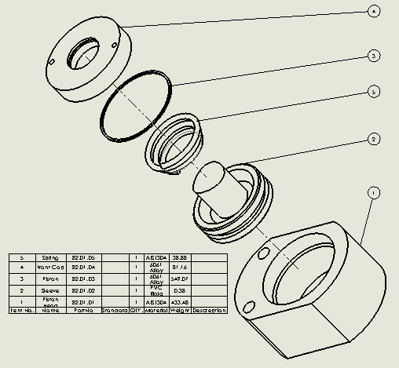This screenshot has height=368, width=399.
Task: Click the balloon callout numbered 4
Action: (x=374, y=11)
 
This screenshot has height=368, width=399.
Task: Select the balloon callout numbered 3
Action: (x=375, y=56)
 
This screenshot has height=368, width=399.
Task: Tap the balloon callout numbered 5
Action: (x=375, y=92)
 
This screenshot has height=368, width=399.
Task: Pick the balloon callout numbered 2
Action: (x=375, y=138)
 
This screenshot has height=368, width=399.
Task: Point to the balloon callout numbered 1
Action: (x=375, y=192)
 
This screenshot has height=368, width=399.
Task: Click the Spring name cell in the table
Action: (x=50, y=257)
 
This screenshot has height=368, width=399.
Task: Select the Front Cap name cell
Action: (x=50, y=268)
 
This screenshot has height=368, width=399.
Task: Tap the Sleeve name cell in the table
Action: (x=50, y=290)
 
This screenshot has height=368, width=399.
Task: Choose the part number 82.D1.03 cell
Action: (x=82, y=279)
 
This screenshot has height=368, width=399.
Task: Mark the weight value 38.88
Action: (x=180, y=257)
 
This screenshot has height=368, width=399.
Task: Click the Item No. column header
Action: (x=22, y=310)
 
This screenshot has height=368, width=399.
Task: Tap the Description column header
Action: (x=210, y=310)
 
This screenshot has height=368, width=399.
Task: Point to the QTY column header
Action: (x=136, y=310)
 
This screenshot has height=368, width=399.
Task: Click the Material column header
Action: (x=155, y=310)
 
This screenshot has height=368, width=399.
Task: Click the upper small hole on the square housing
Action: (x=263, y=253)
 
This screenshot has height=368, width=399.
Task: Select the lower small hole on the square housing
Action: (x=251, y=307)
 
